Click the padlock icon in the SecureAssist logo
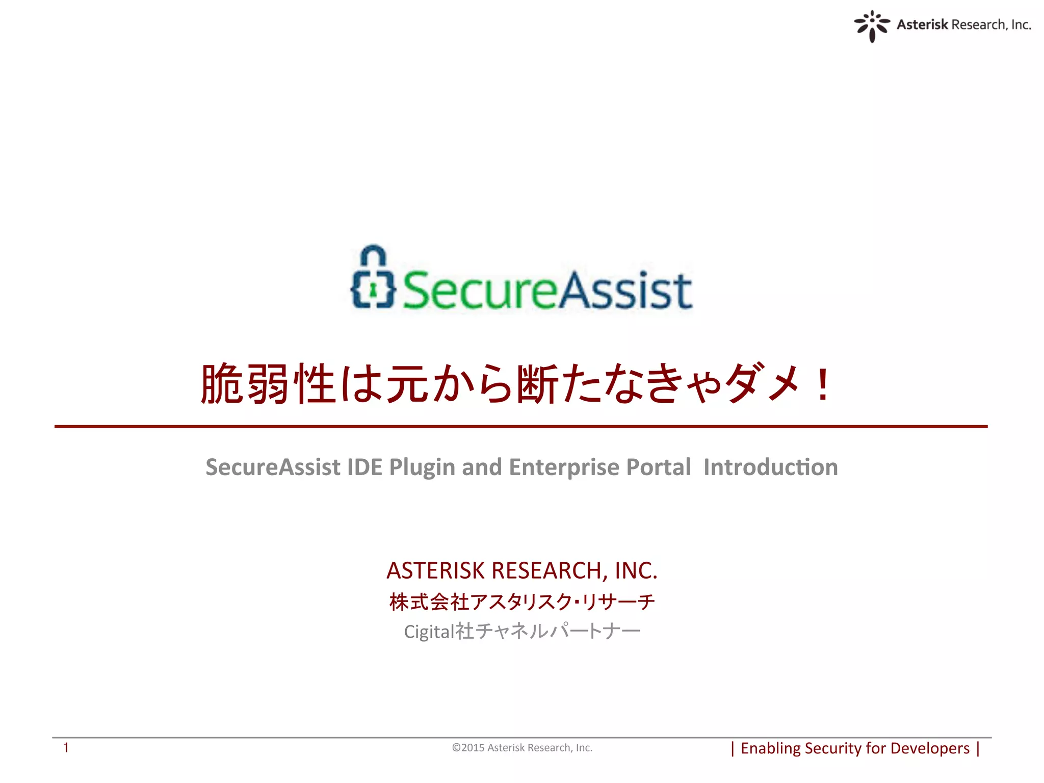click(373, 278)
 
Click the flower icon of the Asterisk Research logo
click(872, 25)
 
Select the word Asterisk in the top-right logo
click(922, 24)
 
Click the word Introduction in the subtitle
click(770, 467)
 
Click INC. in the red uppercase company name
click(636, 570)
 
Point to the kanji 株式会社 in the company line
click(429, 602)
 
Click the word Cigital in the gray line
click(429, 632)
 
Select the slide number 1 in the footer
click(66, 747)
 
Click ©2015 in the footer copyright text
click(468, 748)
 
